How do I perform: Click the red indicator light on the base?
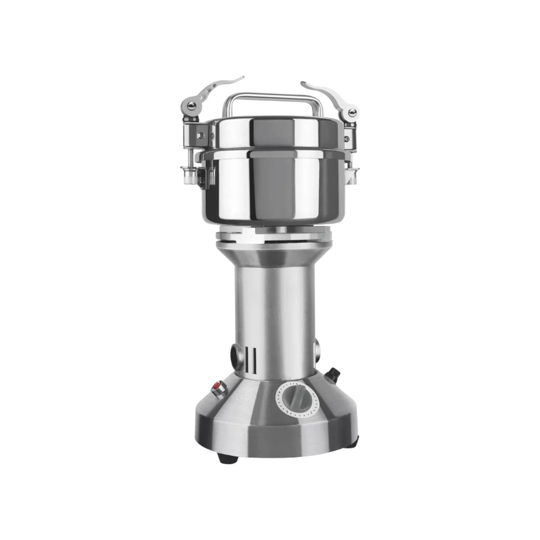pyautogui.click(x=218, y=387)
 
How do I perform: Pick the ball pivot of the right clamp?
pyautogui.click(x=352, y=112)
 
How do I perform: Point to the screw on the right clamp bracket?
pyautogui.click(x=346, y=139)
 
